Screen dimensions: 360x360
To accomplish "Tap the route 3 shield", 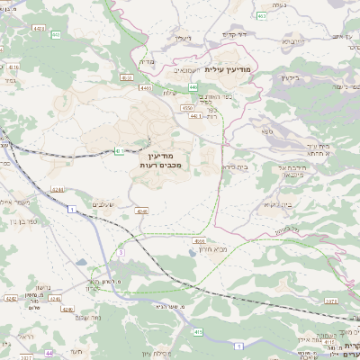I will (x=121, y=254).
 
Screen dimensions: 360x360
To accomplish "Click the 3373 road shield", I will (x=330, y=300).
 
